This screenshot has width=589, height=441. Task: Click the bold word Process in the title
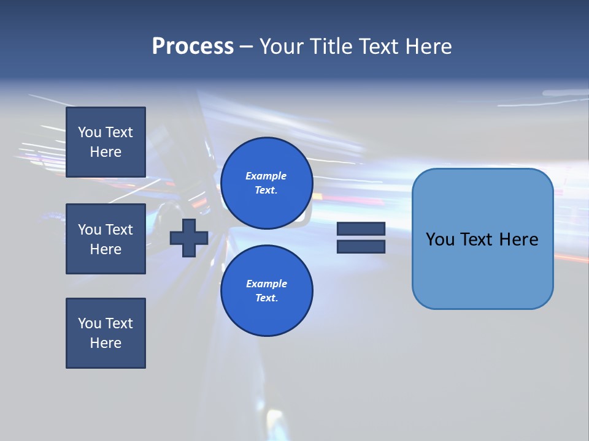[x=193, y=47]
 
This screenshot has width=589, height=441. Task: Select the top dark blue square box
[x=106, y=142]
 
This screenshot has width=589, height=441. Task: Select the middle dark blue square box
[x=106, y=239]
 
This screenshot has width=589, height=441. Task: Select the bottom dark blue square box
[x=106, y=333]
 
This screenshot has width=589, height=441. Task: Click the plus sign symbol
[x=189, y=238]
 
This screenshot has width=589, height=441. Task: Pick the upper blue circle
[x=266, y=183]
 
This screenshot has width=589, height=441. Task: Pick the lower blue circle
[x=266, y=291]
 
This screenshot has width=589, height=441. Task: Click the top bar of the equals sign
[x=361, y=229]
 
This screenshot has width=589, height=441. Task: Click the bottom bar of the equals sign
[x=361, y=246]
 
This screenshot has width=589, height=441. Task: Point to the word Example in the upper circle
[x=266, y=176]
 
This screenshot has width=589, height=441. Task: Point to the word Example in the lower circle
[x=266, y=284]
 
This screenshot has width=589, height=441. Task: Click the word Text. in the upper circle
[x=266, y=190]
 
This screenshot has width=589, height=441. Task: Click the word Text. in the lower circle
[x=266, y=298]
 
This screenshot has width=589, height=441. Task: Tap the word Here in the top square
[x=106, y=152]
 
